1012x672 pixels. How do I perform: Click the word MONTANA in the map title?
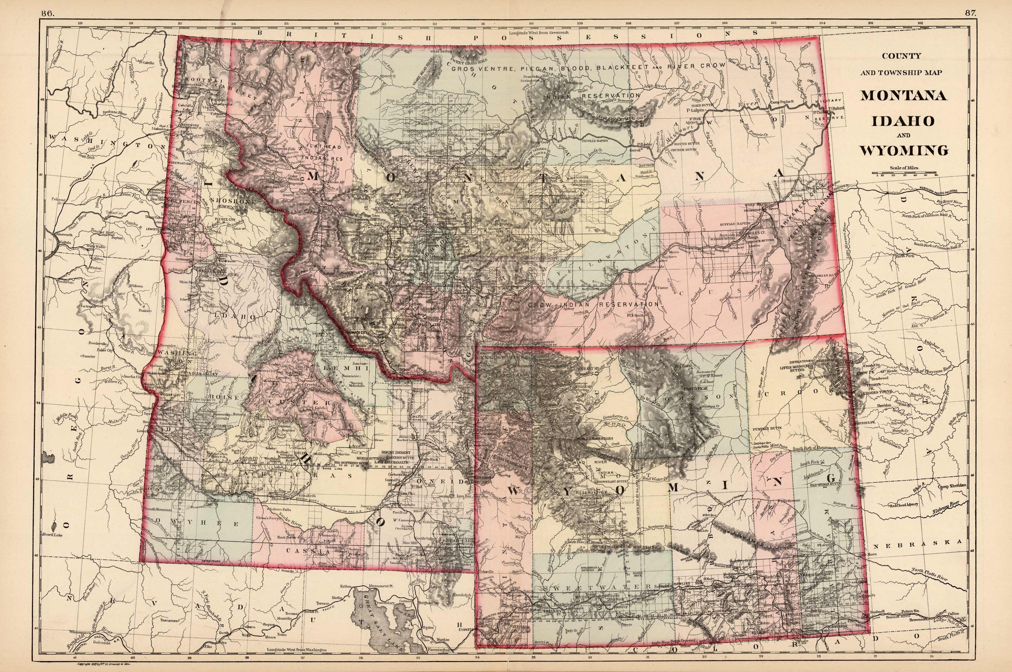tap(903, 95)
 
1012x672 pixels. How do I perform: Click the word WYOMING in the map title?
tap(903, 151)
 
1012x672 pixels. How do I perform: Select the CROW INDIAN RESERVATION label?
tap(593, 304)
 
